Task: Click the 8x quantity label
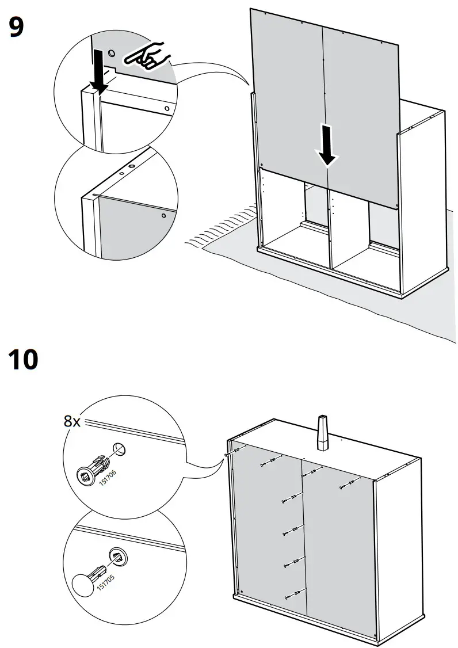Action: (x=72, y=421)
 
